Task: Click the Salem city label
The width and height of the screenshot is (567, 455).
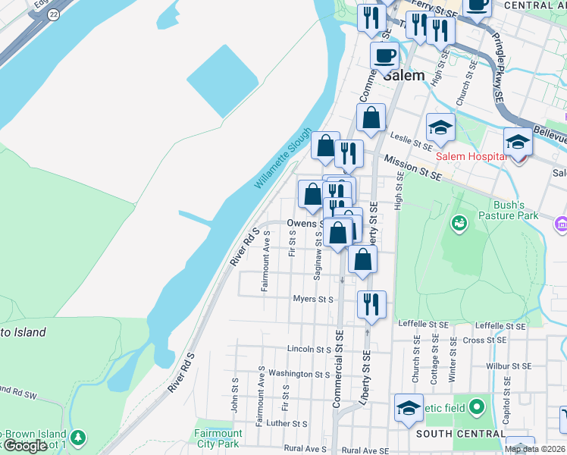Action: [x=404, y=76]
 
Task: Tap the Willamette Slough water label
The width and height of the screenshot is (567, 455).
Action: [x=283, y=158]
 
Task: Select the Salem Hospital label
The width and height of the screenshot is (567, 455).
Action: [x=470, y=156]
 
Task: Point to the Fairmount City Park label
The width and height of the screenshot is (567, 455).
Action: [x=218, y=438]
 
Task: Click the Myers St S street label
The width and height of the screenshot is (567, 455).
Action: [x=313, y=300]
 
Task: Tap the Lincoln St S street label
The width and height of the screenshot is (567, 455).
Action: [x=309, y=349]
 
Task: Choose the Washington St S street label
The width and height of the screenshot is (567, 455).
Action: [x=299, y=374]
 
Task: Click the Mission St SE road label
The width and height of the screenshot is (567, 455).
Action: [x=412, y=168]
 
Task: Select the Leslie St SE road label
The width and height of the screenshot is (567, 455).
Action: [x=411, y=138]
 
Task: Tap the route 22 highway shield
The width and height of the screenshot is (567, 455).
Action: [x=53, y=14]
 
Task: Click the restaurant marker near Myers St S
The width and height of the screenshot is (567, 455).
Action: [x=371, y=303]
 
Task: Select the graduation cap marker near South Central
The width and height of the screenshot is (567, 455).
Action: [x=409, y=407]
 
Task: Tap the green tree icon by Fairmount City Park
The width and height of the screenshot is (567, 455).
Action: [x=77, y=438]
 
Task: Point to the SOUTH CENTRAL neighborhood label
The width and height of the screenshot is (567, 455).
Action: [x=460, y=434]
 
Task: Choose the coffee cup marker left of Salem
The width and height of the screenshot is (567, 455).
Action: [x=384, y=55]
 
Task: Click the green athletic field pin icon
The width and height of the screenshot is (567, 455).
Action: [x=477, y=408]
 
